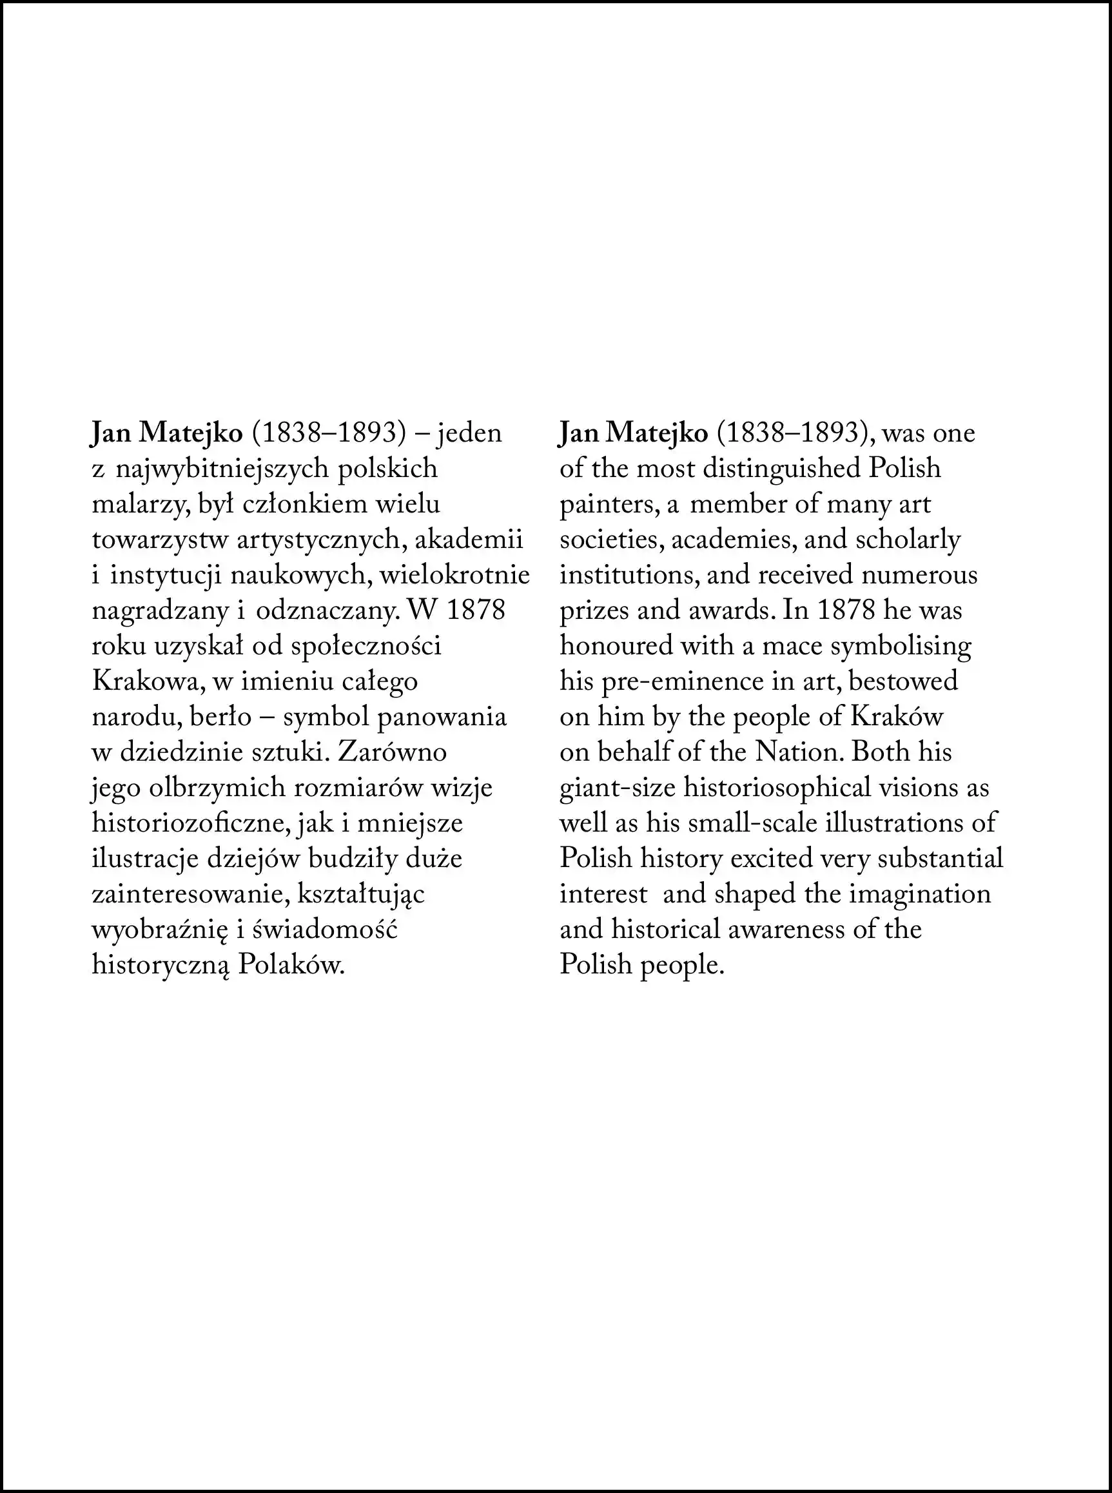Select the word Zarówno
pyautogui.click(x=393, y=752)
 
